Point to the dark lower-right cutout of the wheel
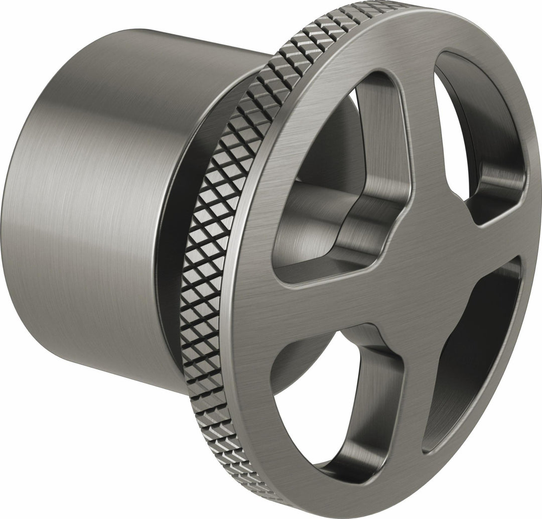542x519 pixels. [x=472, y=351]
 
